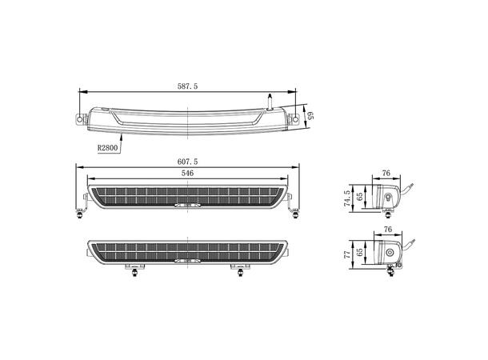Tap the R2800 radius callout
click(108, 147)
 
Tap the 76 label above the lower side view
click(386, 229)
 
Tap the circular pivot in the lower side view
click(391, 254)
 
